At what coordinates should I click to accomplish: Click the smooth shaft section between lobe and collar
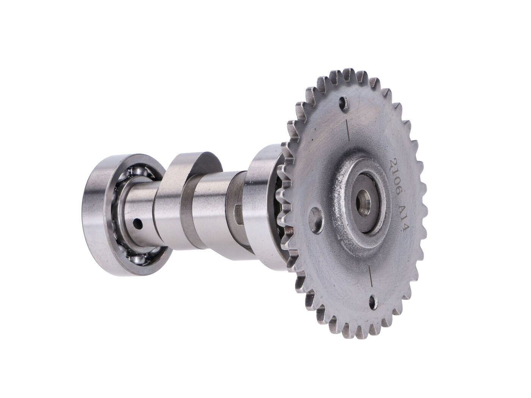tap(212, 205)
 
